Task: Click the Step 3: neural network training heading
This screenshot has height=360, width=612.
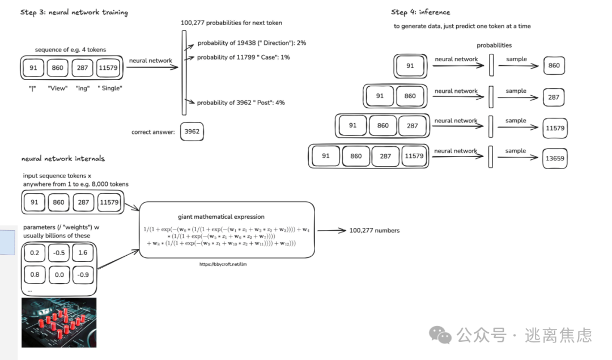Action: pos(74,12)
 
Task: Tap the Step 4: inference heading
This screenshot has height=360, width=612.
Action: pos(420,12)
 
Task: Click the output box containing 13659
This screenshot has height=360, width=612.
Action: pos(554,159)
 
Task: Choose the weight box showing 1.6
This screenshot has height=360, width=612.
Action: pos(83,253)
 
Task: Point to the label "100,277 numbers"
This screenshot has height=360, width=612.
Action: pos(374,230)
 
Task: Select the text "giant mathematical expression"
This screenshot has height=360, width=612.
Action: pos(220,217)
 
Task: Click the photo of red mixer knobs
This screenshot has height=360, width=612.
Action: pos(58,322)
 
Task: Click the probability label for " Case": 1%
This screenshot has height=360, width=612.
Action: pos(243,57)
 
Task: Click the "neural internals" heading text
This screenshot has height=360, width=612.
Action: pos(63,159)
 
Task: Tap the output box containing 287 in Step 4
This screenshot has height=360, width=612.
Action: pos(554,97)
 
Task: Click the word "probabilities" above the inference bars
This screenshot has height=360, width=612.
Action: pos(494,45)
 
